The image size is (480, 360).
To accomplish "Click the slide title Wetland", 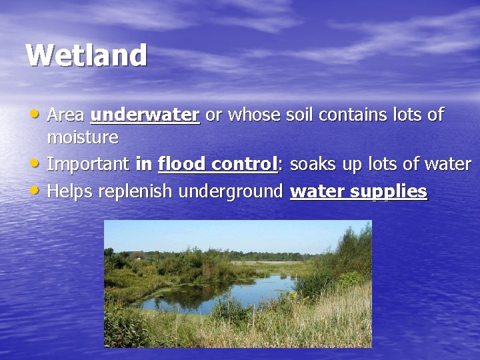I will (86, 55).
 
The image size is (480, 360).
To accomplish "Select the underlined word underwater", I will (145, 115).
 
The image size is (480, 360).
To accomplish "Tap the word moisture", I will (83, 138).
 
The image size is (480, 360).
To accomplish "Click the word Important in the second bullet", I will (89, 164).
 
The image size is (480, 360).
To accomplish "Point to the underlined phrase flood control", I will (217, 164).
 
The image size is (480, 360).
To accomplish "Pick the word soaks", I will (316, 164).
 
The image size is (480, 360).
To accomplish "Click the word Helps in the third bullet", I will (70, 192).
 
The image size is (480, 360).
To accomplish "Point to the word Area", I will (66, 115).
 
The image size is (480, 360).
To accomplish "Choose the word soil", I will (299, 115).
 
